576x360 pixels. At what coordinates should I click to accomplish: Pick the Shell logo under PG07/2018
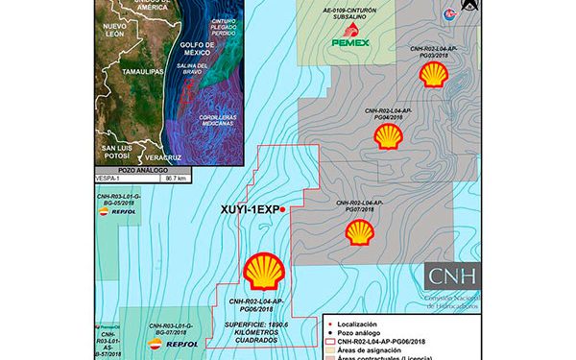[x=360, y=231]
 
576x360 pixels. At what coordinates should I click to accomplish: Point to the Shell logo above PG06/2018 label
[x=262, y=272]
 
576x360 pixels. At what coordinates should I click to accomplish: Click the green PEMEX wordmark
[x=349, y=42]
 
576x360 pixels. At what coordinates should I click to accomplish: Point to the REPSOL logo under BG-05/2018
[x=123, y=213]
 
